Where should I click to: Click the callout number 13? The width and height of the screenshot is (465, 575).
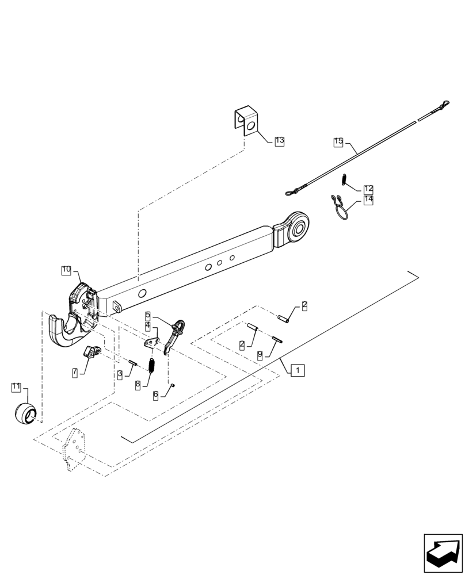coord(280,140)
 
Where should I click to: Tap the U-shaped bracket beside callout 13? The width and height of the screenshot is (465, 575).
coord(246,120)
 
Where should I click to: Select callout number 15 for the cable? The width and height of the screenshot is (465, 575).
coord(338,141)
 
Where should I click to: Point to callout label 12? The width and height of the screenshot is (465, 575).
coord(368,189)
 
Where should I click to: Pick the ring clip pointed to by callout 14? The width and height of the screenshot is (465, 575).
coord(340,208)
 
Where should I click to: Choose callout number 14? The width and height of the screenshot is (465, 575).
coord(368,200)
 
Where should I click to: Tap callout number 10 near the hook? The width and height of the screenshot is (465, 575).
coord(67,269)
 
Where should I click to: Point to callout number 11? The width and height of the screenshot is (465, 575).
coord(16,387)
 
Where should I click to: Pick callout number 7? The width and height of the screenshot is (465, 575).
coord(75,373)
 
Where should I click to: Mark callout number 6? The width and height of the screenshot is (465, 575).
coord(156,395)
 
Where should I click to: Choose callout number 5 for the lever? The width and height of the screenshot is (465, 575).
coord(148,315)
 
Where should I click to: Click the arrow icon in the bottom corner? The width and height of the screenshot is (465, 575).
coord(443,553)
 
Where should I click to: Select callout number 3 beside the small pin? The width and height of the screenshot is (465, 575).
coord(120,374)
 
